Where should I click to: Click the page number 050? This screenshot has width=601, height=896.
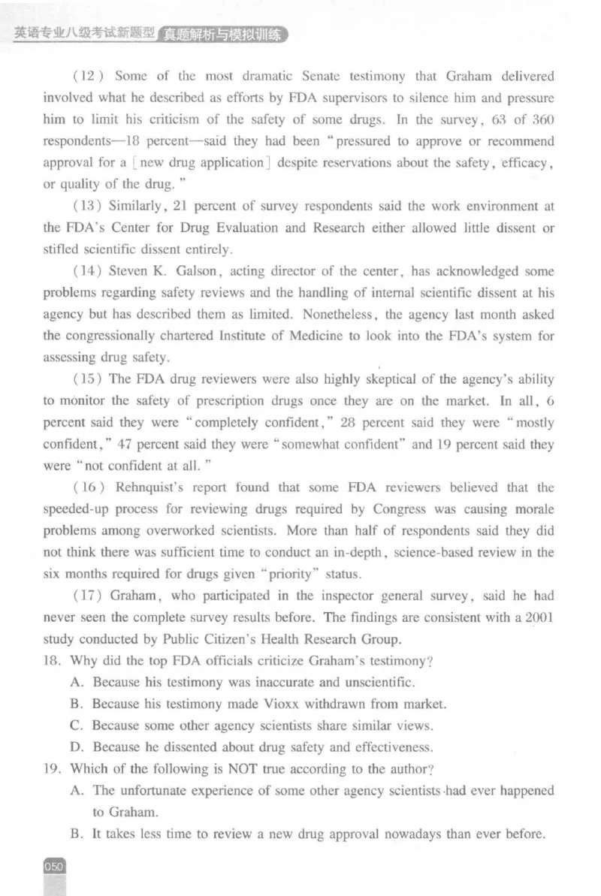tap(56, 866)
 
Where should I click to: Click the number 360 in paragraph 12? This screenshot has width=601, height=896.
tap(543, 120)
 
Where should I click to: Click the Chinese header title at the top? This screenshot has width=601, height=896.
tap(150, 33)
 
